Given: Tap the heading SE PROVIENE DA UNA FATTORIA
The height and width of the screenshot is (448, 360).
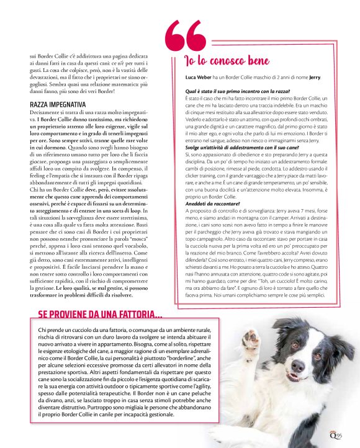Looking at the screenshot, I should point(100,315).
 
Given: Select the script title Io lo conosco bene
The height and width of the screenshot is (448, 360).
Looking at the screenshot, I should point(227,60).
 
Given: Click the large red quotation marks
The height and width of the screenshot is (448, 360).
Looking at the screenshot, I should point(186,37).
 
